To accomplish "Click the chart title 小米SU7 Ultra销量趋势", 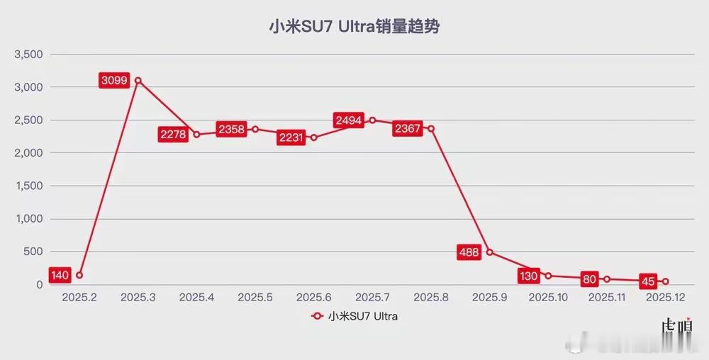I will click(x=354, y=27).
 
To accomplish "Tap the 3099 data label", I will click(x=114, y=81).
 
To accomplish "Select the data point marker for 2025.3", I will click(x=138, y=80).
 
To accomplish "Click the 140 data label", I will click(x=60, y=275).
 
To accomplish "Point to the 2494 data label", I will click(x=349, y=120).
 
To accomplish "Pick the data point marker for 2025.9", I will click(x=490, y=252).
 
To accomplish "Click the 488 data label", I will click(x=469, y=252).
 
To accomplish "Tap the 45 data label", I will click(x=647, y=281).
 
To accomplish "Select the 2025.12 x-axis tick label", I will click(x=666, y=298).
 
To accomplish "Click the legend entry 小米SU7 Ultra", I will click(x=354, y=317).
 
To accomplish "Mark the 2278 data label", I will click(x=173, y=135).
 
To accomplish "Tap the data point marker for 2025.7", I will click(x=372, y=120).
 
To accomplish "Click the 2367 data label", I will click(x=407, y=128).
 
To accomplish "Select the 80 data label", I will click(x=588, y=279).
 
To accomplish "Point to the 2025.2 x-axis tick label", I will click(x=79, y=298).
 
